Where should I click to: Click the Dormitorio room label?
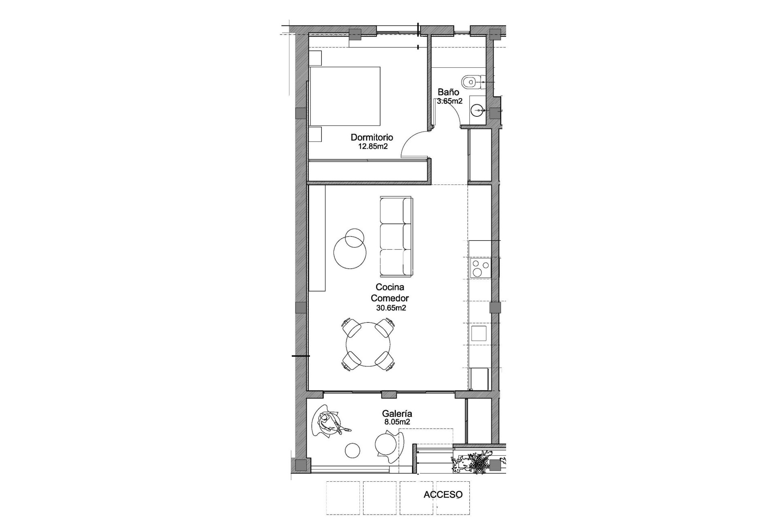tap(372, 137)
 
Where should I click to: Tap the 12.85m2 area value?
tap(373, 146)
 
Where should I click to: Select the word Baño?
tap(448, 92)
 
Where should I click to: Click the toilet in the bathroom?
tap(471, 81)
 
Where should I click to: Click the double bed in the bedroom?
tap(345, 96)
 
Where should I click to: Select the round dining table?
tap(368, 344)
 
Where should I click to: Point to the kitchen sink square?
tap(479, 333)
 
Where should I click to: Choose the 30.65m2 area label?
tap(391, 308)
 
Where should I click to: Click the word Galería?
tap(397, 414)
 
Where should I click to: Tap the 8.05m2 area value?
tap(397, 422)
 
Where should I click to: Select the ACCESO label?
tap(443, 495)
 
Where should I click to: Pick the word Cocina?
tap(390, 287)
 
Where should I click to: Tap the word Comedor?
tap(390, 298)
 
